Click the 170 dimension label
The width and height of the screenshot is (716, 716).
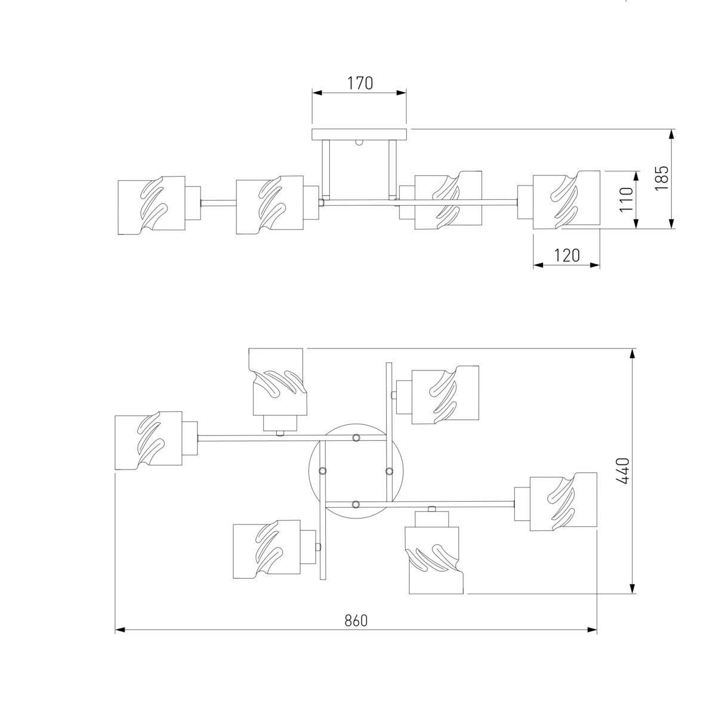360,83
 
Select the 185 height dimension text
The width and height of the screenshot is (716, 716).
662,178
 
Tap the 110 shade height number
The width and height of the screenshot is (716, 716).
626,199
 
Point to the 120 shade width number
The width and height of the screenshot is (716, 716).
566,255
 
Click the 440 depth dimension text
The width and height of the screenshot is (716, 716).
623,471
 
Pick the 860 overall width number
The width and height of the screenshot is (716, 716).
356,620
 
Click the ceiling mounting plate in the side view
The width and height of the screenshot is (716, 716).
359,134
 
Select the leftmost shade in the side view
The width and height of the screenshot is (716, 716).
151,205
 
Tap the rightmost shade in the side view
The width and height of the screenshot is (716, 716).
566,200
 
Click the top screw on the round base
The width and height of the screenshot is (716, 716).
356,439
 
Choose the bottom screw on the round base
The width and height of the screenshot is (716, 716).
356,505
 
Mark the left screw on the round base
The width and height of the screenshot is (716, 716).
323,471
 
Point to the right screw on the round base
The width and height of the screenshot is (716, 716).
389,471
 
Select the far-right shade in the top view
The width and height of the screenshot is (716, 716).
563,500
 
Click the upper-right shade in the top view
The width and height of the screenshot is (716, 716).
446,394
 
